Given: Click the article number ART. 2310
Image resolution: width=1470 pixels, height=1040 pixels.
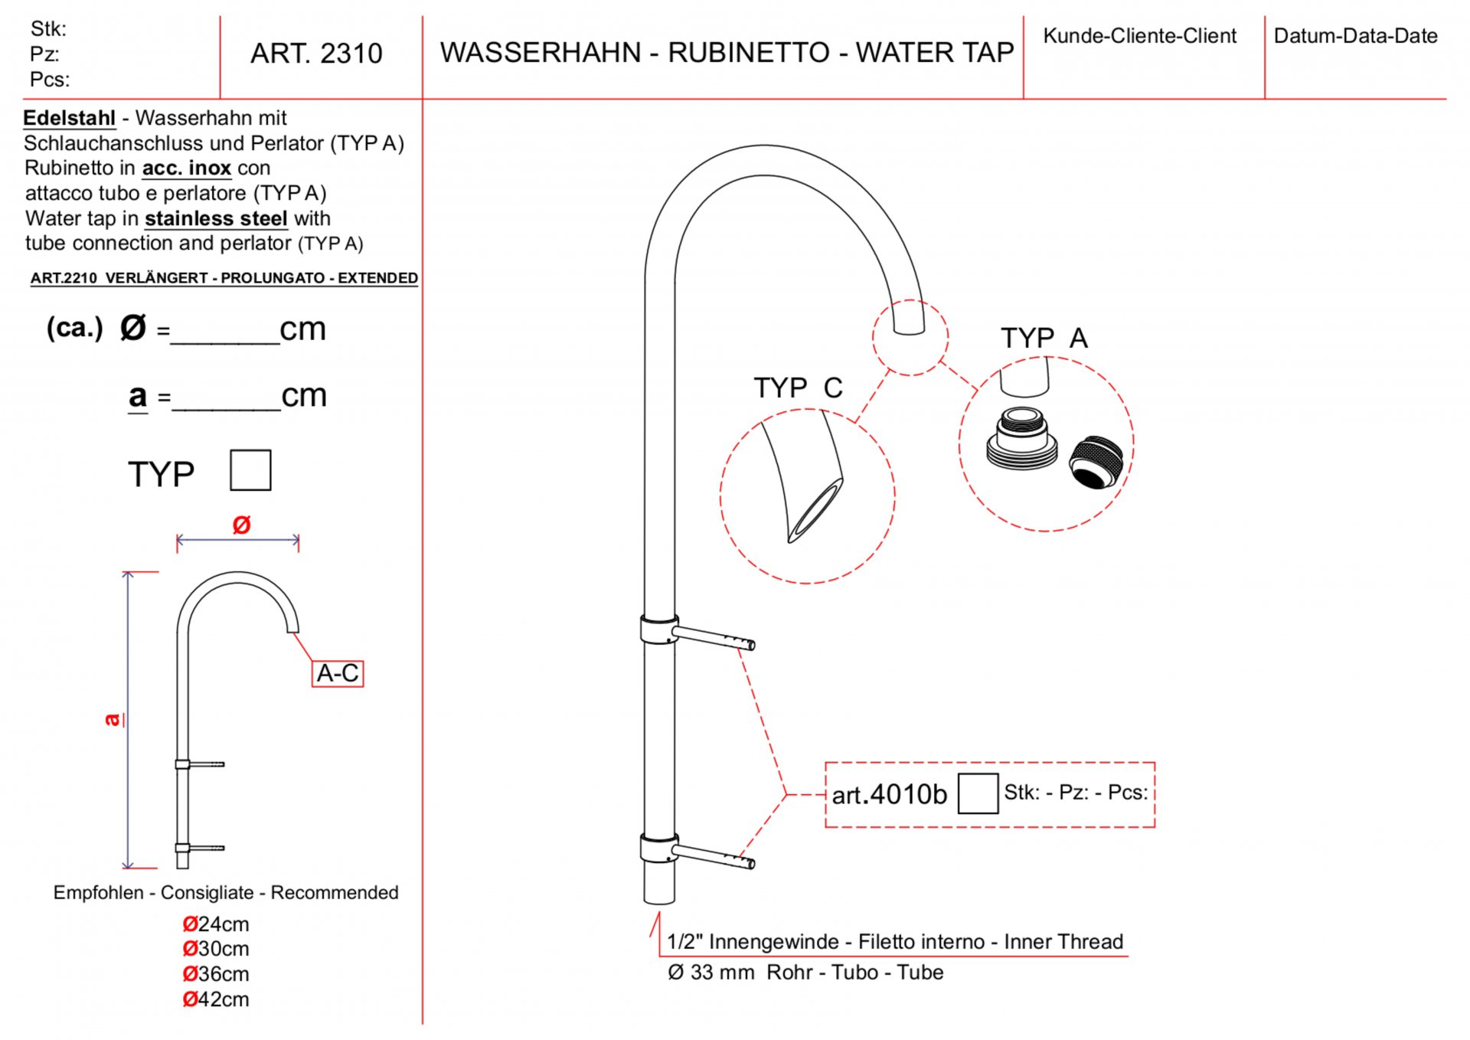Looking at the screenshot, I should coord(316,54).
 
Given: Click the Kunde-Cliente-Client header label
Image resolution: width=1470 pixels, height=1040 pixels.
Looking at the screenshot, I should coord(1139,36).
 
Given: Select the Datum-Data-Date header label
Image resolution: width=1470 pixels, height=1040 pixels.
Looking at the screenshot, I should coord(1355,36).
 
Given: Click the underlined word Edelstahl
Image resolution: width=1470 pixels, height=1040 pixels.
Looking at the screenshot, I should coord(69,119).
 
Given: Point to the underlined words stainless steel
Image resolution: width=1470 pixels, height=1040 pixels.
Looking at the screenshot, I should coord(216,219).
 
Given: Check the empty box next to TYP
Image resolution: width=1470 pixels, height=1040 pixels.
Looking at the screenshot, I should coord(250,470).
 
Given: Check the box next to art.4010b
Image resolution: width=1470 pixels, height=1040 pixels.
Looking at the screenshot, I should coord(978,793).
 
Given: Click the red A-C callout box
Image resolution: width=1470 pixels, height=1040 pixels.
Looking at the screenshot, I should coord(338,674).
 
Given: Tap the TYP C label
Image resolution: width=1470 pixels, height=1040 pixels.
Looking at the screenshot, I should coord(798,388).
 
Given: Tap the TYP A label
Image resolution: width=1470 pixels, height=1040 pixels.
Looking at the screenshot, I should coord(1044,338).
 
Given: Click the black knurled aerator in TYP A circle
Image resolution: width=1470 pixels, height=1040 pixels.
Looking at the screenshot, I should coord(1096,462).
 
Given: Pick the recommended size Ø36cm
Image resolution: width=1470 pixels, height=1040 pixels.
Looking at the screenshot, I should coord(216,974).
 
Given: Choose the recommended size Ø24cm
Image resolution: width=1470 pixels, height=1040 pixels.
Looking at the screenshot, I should coord(216,924).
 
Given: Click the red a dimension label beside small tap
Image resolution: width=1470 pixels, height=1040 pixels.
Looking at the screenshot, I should coord(113,719).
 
